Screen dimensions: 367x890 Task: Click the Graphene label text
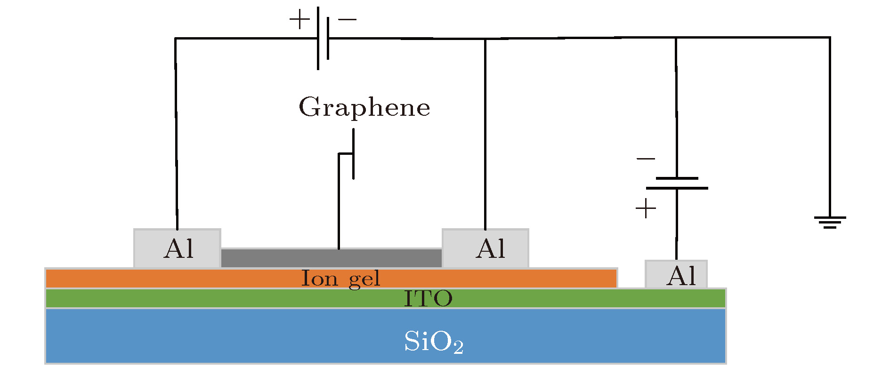click(x=364, y=107)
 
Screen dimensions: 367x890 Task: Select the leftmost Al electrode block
click(x=177, y=248)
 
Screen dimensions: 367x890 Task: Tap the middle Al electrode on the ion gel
click(x=485, y=248)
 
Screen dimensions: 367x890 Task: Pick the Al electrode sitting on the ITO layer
click(x=676, y=274)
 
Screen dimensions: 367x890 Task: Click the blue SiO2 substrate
click(x=235, y=336)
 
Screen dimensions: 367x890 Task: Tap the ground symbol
click(x=830, y=222)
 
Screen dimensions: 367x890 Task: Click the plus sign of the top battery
click(x=299, y=20)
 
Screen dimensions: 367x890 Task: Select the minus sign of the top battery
click(x=348, y=20)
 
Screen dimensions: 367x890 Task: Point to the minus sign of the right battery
click(x=646, y=159)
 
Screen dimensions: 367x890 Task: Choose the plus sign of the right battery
click(x=646, y=208)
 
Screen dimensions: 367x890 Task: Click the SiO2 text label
click(x=433, y=342)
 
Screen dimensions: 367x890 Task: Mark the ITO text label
click(x=428, y=298)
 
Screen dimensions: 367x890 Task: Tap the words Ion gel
click(x=340, y=279)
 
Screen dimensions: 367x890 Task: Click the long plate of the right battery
click(x=677, y=188)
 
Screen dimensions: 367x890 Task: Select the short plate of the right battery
click(x=677, y=178)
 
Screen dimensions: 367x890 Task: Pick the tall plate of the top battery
click(x=318, y=38)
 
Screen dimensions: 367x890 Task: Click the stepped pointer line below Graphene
click(x=339, y=198)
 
